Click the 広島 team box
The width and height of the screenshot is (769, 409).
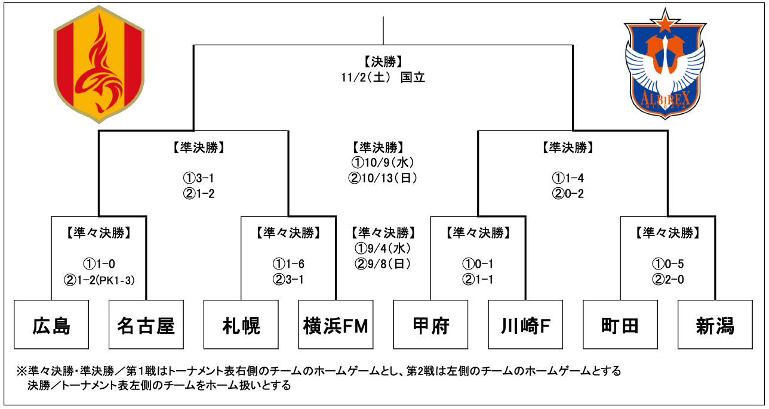[x=51, y=325]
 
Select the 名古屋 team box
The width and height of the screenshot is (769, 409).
[x=146, y=325]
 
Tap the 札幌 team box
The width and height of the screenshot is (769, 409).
[x=241, y=325]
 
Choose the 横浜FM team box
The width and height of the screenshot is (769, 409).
[x=336, y=325]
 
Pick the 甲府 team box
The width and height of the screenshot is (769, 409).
[x=430, y=325]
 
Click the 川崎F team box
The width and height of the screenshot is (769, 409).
[x=525, y=325]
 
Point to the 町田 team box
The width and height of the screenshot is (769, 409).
[x=620, y=325]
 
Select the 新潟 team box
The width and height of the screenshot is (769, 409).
[x=715, y=325]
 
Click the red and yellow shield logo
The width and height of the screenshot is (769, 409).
[x=99, y=66]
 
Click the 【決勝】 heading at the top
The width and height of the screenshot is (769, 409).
[x=383, y=61]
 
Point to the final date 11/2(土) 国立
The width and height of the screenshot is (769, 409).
[x=383, y=78]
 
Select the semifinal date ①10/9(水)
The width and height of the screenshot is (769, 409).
[x=383, y=162]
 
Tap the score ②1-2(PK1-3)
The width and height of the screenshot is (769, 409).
[x=99, y=280]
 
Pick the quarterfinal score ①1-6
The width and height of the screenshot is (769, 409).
[x=288, y=264]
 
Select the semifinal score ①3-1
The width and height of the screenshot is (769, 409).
[x=193, y=178]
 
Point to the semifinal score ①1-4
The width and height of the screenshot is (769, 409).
[x=573, y=178]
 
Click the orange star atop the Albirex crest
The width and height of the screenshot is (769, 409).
[x=665, y=22]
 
